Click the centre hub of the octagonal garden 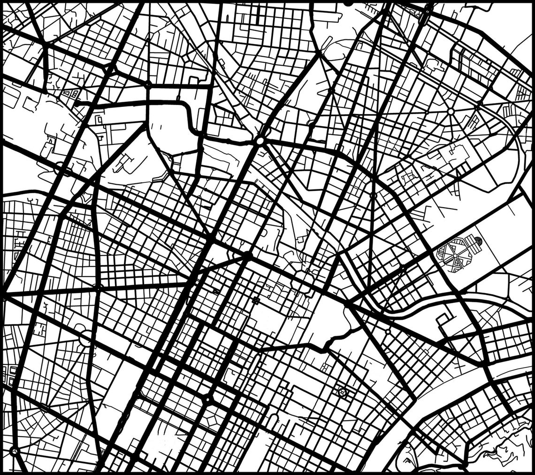click(x=454, y=254)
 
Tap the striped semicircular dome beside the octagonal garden click(x=477, y=242)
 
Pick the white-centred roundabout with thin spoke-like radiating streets click(x=451, y=112)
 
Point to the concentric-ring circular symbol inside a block click(x=342, y=391)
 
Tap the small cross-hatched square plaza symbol click(x=256, y=300)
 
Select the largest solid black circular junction click(x=247, y=256)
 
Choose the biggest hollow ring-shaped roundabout click(x=85, y=338)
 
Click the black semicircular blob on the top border click(x=348, y=3)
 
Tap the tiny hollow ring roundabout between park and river click(x=388, y=331)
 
